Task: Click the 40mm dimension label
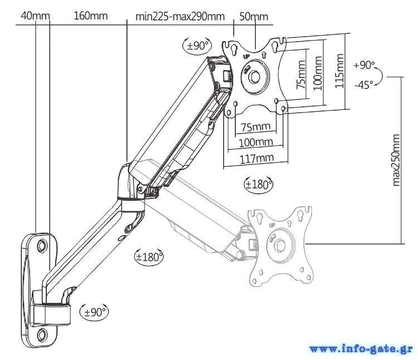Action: [x=35, y=15]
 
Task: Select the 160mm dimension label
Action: [x=90, y=15]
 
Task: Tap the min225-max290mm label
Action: [x=179, y=16]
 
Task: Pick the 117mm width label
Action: [x=257, y=159]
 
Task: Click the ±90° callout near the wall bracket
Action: [x=95, y=312]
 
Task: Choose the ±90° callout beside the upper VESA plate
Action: [x=197, y=46]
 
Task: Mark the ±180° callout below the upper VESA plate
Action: [x=259, y=184]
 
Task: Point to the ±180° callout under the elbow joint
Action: [x=149, y=257]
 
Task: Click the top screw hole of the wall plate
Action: [x=42, y=246]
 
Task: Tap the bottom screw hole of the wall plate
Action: [x=42, y=334]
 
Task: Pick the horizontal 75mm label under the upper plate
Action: [x=256, y=127]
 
